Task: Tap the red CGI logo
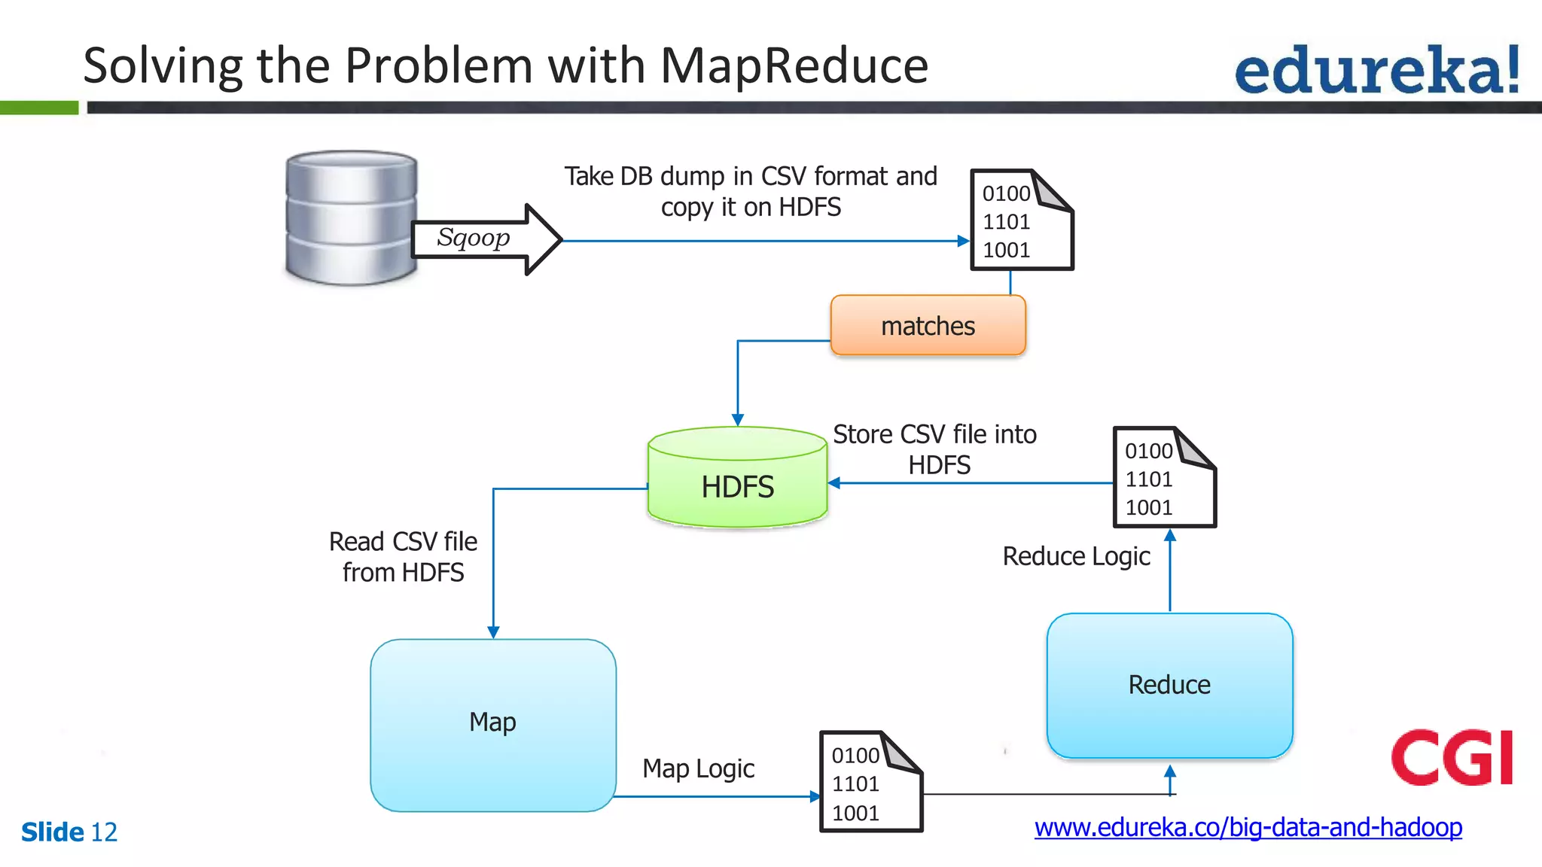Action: point(1452,757)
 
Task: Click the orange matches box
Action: point(928,326)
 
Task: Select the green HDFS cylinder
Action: point(737,479)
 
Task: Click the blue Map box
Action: point(493,725)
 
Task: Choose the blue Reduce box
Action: point(1169,686)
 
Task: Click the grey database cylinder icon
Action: point(350,218)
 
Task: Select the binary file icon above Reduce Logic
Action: point(1163,478)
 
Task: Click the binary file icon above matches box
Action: point(1021,221)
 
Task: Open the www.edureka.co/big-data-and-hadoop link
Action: point(1248,827)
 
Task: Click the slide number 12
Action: point(104,832)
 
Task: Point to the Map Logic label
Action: point(698,768)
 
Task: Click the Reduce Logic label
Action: point(1076,556)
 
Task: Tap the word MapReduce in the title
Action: point(794,65)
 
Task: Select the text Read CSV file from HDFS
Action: point(403,557)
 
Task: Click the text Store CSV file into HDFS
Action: point(934,449)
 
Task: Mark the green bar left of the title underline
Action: point(38,108)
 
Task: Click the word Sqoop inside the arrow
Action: point(473,237)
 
